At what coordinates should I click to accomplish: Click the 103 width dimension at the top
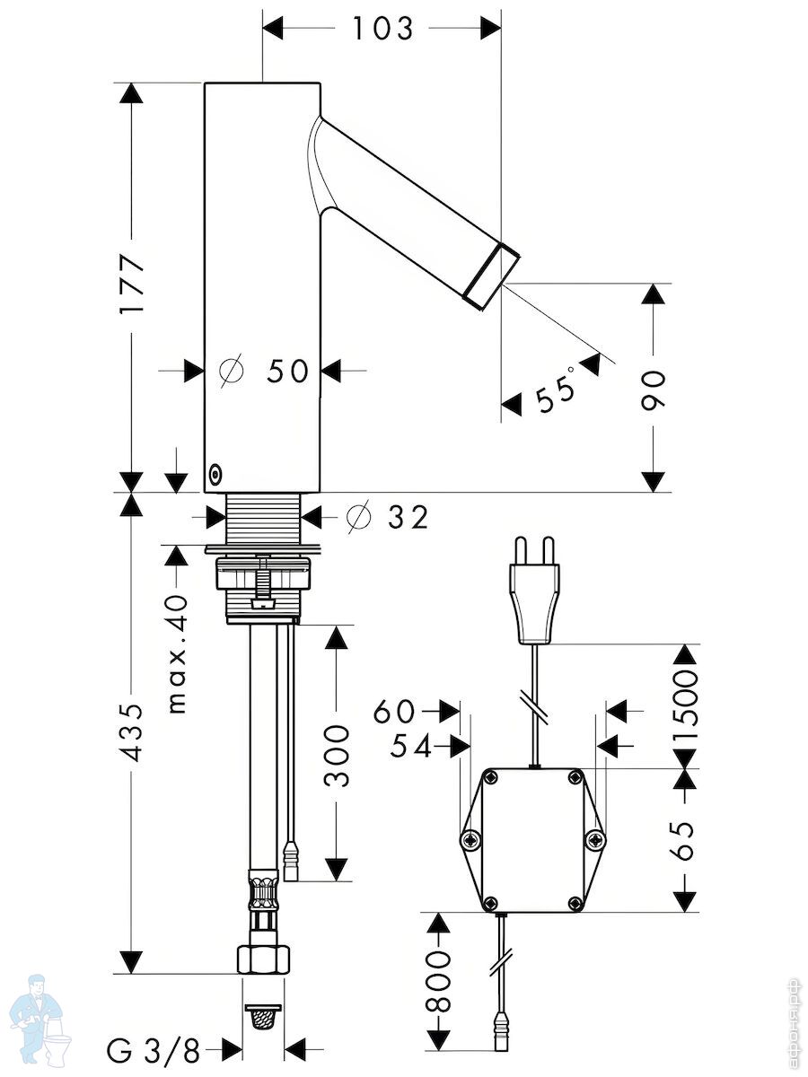[383, 29]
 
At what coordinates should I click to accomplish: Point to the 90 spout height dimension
[654, 390]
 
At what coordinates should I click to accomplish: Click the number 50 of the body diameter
[287, 371]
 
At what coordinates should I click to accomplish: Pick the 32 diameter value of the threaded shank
[408, 517]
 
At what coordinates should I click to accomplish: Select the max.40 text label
[178, 654]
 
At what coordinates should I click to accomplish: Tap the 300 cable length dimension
[337, 756]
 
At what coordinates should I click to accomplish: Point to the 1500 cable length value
[685, 708]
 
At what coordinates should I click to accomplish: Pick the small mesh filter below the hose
[263, 1018]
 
